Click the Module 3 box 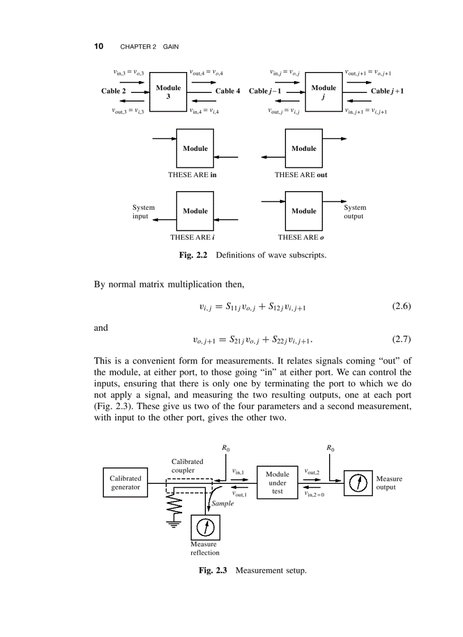click(168, 92)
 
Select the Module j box click(323, 92)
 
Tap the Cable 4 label click(228, 91)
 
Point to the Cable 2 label click(114, 91)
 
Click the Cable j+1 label click(387, 91)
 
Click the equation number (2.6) click(401, 307)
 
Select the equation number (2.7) click(401, 340)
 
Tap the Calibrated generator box click(125, 483)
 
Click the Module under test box click(277, 483)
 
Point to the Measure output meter click(357, 483)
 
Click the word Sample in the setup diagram click(222, 503)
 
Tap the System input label click(143, 212)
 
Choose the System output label click(355, 212)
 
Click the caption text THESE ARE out click(301, 175)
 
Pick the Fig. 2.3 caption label click(213, 570)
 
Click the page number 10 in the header click(98, 46)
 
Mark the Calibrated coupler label click(187, 466)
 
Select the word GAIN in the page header click(171, 47)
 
